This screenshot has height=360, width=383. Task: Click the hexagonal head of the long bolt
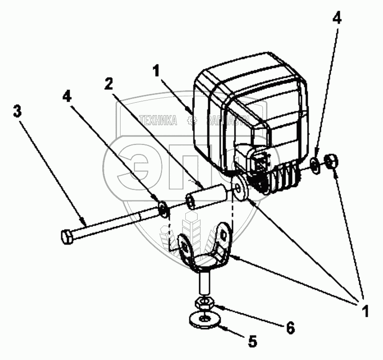tap(67, 236)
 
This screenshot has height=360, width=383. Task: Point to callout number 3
tap(17, 111)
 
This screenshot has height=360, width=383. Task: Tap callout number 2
tap(108, 84)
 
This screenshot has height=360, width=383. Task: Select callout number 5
tap(252, 342)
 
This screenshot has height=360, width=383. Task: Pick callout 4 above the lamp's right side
tap(337, 19)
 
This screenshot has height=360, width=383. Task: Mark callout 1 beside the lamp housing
tap(156, 71)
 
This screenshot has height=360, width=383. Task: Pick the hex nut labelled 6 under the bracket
tap(204, 302)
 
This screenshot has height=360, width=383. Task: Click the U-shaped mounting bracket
tap(204, 250)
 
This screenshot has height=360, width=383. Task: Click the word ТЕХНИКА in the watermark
tap(159, 121)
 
